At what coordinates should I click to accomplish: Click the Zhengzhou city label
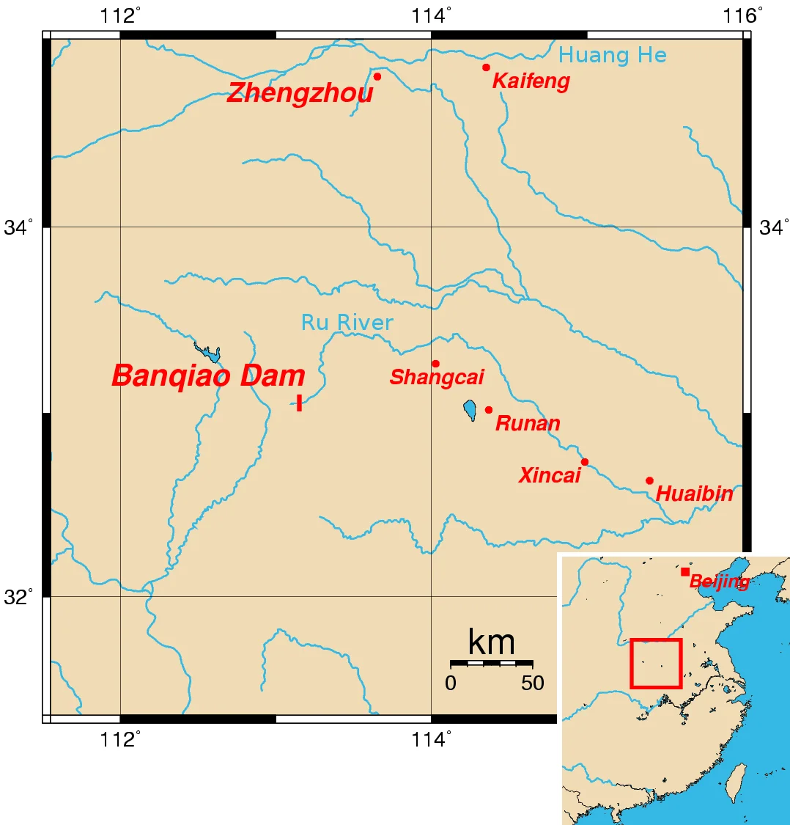coord(300,93)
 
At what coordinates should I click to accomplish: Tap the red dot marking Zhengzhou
coord(377,76)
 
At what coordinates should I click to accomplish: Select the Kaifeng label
coord(531,81)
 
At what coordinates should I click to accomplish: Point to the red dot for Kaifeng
coord(486,67)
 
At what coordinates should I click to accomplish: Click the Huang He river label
coord(612,55)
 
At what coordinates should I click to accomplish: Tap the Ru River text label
coord(347,323)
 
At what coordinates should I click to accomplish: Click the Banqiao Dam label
coord(208,376)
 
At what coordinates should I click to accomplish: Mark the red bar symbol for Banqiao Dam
coord(299,403)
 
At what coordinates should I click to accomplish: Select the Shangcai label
coord(437,378)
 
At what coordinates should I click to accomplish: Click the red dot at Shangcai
coord(435,364)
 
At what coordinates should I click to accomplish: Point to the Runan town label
coord(528,424)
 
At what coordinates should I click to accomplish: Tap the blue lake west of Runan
coord(470,410)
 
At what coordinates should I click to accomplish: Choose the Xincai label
coord(550,476)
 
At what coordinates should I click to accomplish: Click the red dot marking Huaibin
coord(649,481)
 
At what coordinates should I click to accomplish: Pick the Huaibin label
coord(694,494)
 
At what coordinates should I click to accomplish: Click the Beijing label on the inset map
coord(719,582)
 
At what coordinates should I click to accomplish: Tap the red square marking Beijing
coord(685,572)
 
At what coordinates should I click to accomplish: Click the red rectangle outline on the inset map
coord(656,639)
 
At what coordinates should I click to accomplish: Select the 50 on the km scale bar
coord(533,683)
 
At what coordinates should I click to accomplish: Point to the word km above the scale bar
coord(491,643)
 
